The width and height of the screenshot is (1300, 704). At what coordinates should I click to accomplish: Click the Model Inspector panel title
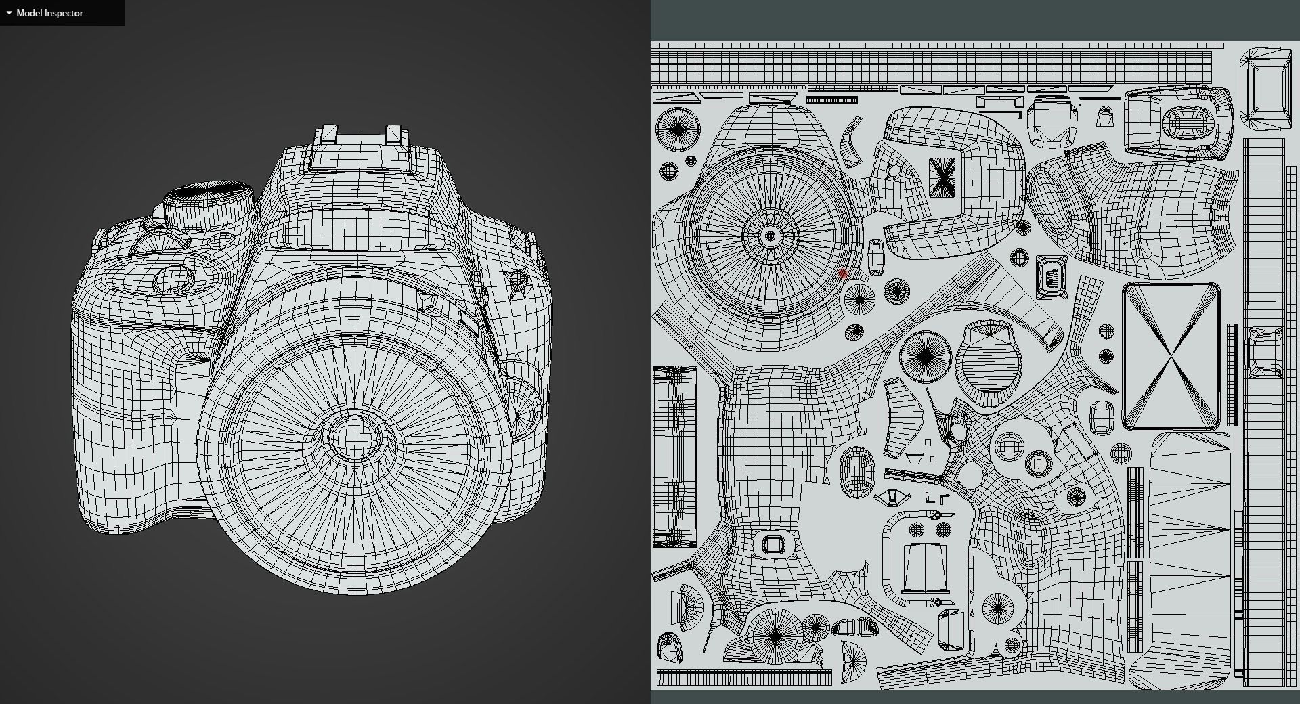pyautogui.click(x=49, y=13)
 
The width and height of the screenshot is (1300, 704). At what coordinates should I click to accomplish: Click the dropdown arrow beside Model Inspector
pyautogui.click(x=9, y=13)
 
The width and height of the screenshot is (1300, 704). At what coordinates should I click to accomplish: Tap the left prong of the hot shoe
pyautogui.click(x=329, y=133)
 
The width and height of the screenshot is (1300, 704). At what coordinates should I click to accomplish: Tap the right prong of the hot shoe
pyautogui.click(x=393, y=134)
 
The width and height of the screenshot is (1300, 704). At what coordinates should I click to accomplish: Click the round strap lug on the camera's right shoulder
pyautogui.click(x=518, y=278)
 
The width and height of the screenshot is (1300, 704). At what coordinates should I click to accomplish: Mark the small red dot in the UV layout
pyautogui.click(x=843, y=275)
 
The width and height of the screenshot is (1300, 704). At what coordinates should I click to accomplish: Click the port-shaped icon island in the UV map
pyautogui.click(x=1052, y=276)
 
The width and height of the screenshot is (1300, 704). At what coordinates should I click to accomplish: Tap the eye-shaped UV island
pyautogui.click(x=893, y=499)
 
